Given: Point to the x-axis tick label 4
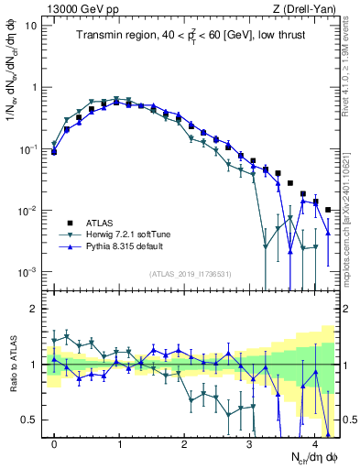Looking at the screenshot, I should tap(315, 442).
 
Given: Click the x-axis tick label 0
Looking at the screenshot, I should tap(54, 442).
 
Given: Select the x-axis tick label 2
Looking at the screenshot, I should tap(185, 442).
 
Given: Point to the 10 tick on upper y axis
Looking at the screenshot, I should tap(31, 26).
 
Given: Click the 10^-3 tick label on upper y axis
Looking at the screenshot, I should tap(27, 272).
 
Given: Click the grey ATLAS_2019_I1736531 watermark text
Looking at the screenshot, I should tap(194, 275).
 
